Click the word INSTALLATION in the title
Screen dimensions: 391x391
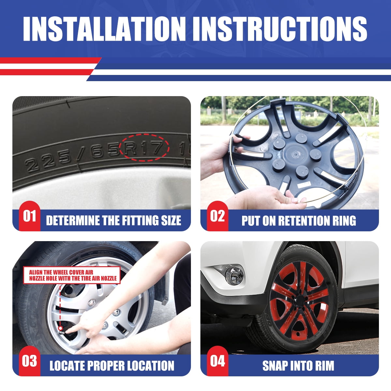point(104,29)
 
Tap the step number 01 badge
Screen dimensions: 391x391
point(30,216)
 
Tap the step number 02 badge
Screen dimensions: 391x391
point(218,216)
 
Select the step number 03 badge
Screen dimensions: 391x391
point(30,361)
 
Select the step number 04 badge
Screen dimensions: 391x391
point(218,361)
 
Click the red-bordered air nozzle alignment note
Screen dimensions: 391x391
point(72,275)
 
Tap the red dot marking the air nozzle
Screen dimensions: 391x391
point(60,334)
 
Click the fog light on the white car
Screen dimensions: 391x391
point(235,274)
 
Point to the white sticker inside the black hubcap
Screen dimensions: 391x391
point(304,184)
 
